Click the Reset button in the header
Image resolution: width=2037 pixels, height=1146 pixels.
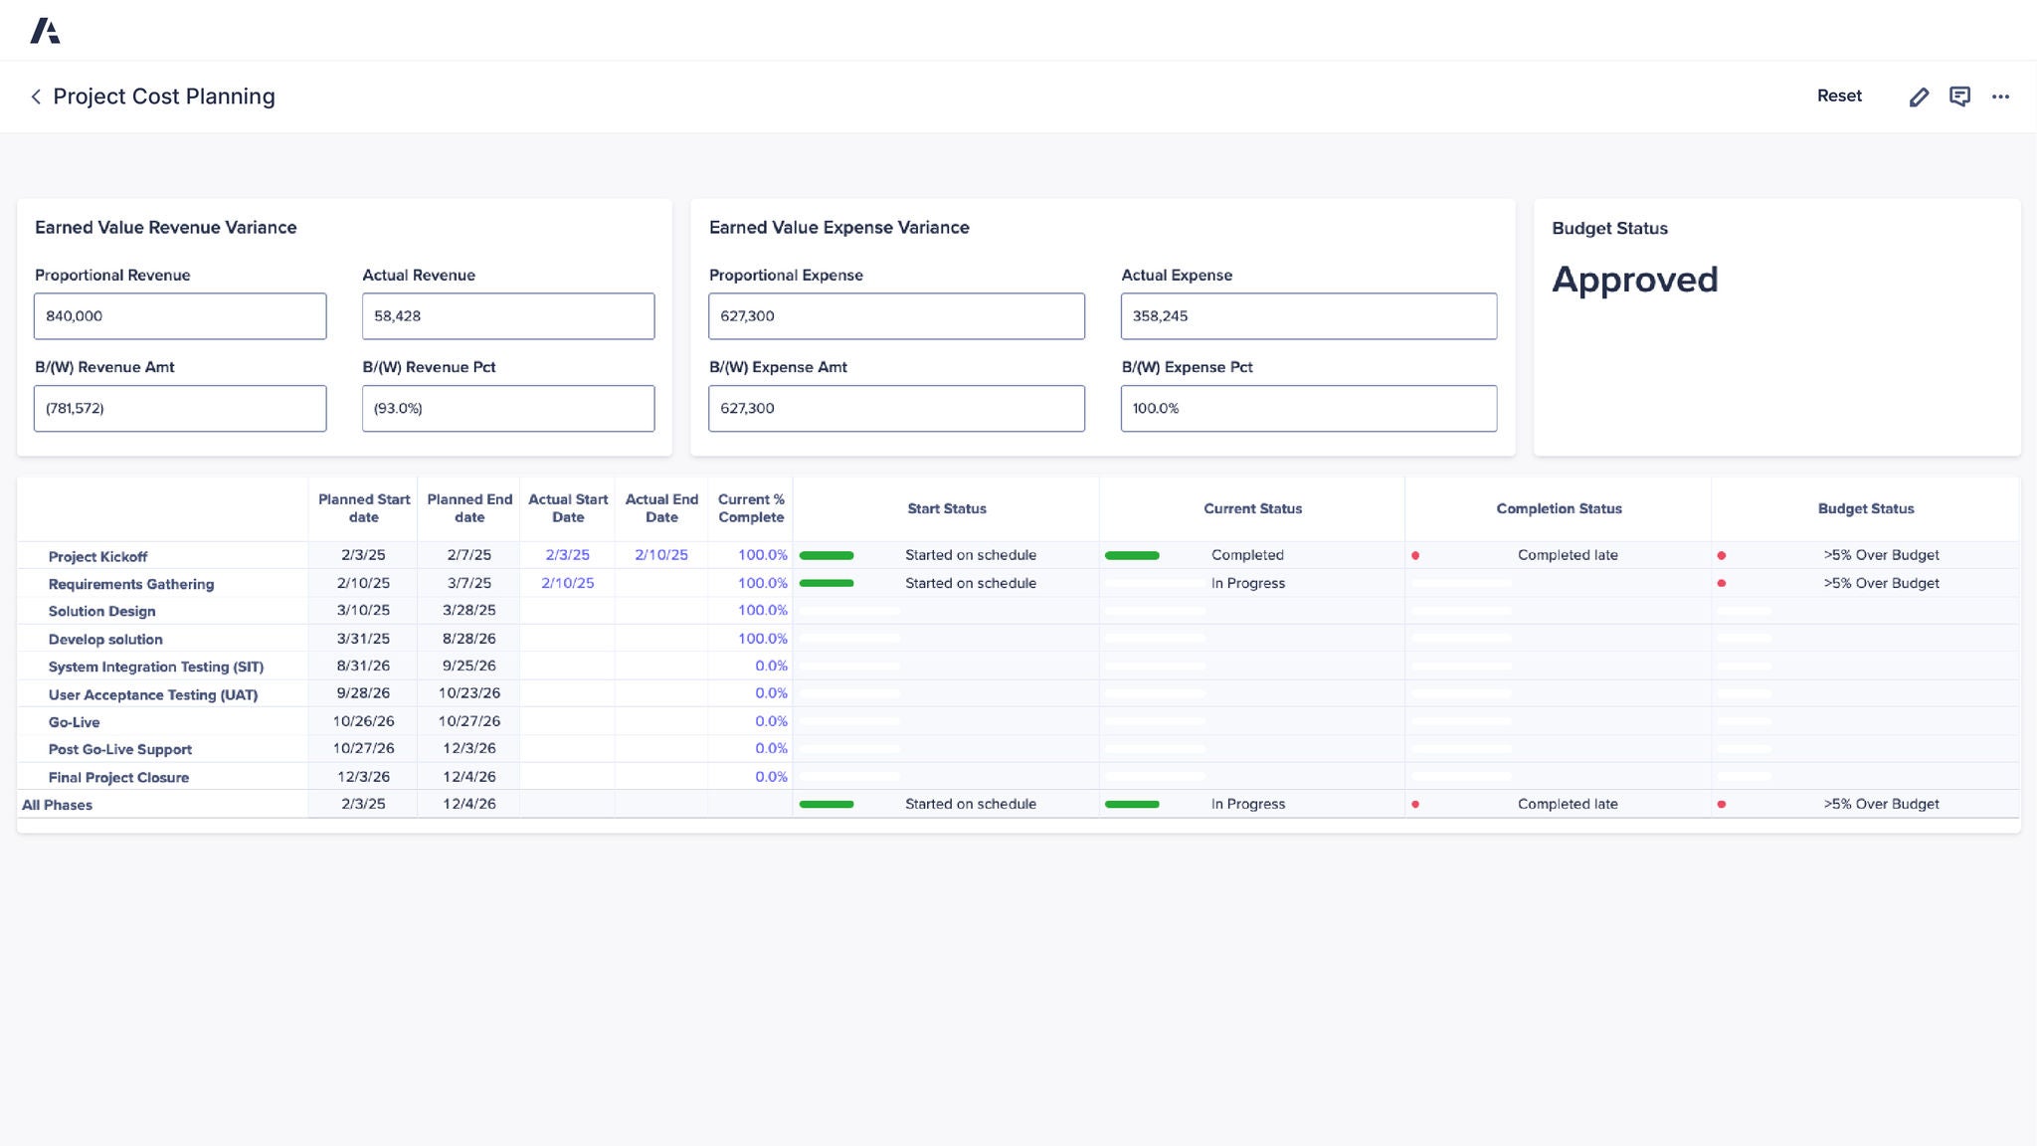click(x=1838, y=96)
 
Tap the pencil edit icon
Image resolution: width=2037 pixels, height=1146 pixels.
click(x=1919, y=96)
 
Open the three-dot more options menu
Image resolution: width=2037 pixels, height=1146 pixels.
click(x=2000, y=96)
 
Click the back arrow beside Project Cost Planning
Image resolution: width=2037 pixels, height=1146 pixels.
click(x=36, y=96)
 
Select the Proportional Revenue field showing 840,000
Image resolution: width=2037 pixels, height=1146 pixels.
click(x=180, y=316)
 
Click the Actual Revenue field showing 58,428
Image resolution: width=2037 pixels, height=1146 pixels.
click(x=507, y=316)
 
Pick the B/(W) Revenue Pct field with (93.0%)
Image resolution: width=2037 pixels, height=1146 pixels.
click(x=507, y=409)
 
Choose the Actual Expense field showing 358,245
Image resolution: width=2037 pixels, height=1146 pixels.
click(x=1308, y=316)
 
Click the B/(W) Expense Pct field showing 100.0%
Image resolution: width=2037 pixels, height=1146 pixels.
click(x=1308, y=409)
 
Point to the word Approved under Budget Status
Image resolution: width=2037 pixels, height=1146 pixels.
click(x=1634, y=280)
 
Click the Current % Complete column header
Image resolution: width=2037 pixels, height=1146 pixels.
click(x=751, y=508)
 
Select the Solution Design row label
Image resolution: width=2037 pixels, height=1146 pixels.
click(x=101, y=611)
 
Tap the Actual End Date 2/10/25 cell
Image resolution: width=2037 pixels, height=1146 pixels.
click(x=661, y=555)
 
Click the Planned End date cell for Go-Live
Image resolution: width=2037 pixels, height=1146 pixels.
click(x=469, y=721)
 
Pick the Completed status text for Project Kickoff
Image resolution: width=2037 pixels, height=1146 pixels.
click(x=1247, y=555)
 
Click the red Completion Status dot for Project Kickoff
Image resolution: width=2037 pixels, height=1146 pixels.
click(x=1415, y=555)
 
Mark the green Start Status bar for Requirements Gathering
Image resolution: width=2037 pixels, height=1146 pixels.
click(x=827, y=583)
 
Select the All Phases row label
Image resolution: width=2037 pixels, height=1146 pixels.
click(x=57, y=805)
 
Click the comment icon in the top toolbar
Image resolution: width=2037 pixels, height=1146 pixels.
click(x=1959, y=96)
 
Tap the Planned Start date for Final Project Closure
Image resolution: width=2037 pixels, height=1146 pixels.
click(x=363, y=777)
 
